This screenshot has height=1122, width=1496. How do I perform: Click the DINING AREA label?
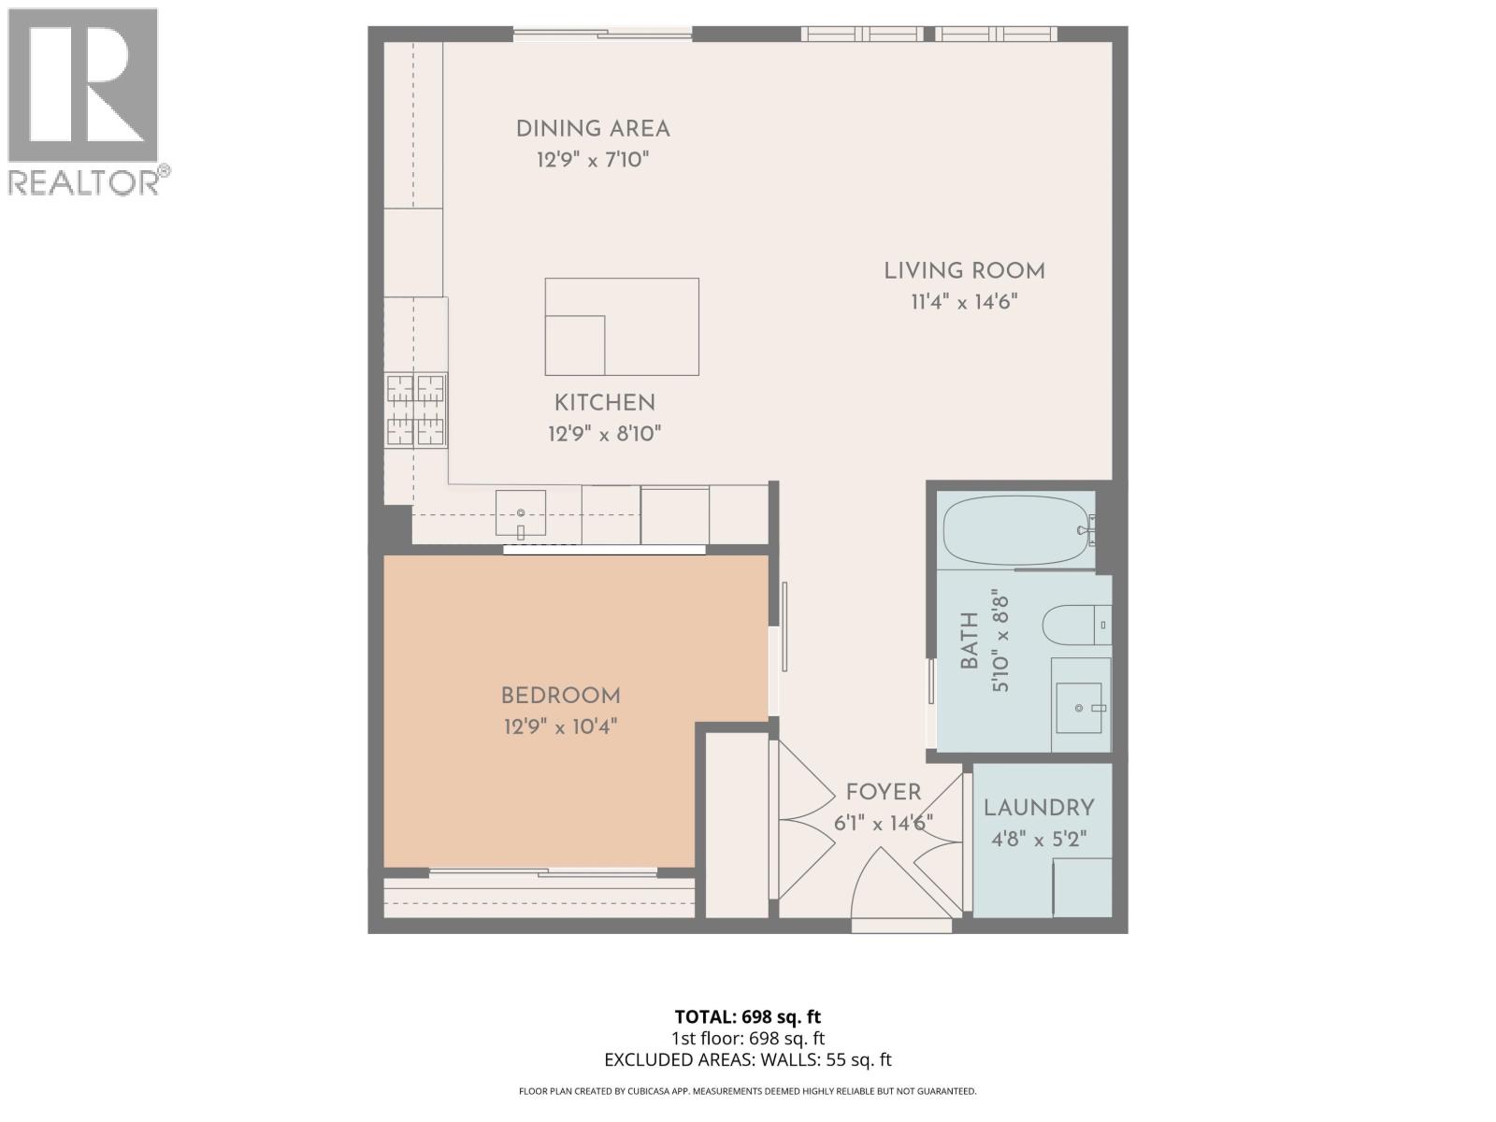tap(593, 129)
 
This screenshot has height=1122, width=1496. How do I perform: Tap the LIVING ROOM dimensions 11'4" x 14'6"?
tap(964, 302)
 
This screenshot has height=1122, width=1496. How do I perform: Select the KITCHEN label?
tap(604, 403)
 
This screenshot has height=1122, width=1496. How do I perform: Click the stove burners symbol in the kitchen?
tap(416, 410)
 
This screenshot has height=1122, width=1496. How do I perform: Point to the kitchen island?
tap(622, 326)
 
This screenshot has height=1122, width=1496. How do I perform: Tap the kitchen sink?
tap(521, 513)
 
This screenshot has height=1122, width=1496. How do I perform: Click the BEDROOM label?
tap(560, 696)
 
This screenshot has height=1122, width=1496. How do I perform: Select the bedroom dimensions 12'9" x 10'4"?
tap(560, 726)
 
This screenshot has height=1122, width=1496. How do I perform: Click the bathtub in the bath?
tap(1014, 530)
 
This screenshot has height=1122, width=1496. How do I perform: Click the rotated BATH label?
tap(970, 640)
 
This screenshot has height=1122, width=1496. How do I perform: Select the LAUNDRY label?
tap(1039, 808)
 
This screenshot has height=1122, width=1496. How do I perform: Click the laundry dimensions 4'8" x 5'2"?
tap(1039, 840)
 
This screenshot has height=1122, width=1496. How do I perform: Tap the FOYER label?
tap(884, 793)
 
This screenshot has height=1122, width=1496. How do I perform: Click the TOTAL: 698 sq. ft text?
tap(747, 1016)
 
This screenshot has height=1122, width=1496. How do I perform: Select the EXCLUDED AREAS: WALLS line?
tap(747, 1059)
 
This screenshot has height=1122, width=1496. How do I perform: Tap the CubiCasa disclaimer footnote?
tap(747, 1091)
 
